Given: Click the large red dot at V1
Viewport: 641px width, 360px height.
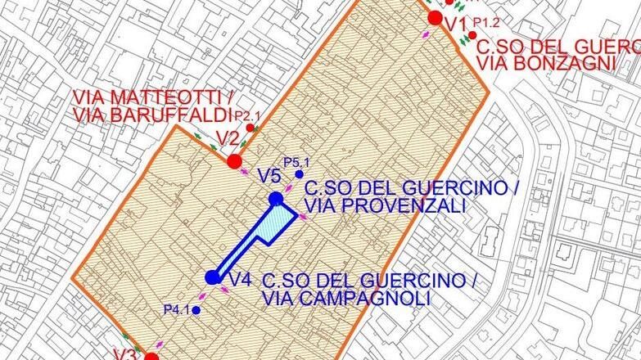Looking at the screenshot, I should [436, 18].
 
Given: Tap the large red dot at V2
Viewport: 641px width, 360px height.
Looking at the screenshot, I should [234, 160].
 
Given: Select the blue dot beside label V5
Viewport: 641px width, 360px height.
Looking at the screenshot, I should [276, 199].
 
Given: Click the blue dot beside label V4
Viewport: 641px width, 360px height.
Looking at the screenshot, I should [213, 277].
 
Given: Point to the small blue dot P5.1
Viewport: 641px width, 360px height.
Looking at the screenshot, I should [299, 174].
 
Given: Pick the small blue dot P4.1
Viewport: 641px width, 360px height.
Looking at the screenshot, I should [196, 310].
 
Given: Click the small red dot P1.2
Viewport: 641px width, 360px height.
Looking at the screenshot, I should [472, 34].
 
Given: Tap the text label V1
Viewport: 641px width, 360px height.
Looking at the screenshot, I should [456, 25].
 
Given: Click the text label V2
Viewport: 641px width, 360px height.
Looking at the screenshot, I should [226, 137].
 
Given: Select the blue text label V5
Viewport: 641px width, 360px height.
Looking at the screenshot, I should [269, 175].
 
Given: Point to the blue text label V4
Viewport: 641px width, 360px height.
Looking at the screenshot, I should [240, 280].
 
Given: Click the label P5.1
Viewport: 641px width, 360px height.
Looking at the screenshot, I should [293, 162].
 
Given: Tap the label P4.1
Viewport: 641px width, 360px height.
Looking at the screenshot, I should [177, 309].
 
